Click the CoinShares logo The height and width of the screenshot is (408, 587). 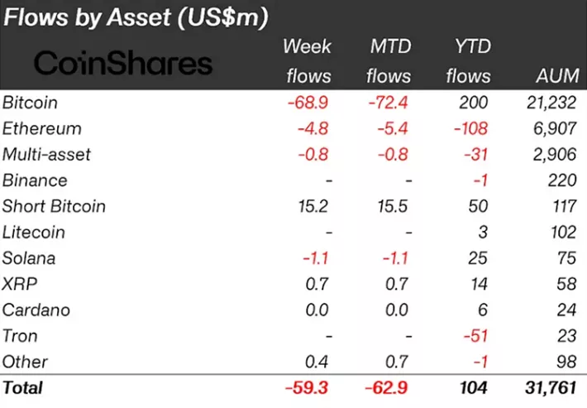(122, 63)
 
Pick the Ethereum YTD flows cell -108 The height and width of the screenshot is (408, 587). (468, 129)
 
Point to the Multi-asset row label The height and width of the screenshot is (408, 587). (46, 155)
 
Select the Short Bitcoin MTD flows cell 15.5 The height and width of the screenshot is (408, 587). (389, 206)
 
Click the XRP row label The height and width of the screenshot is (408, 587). (21, 284)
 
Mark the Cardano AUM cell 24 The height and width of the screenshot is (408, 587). (566, 310)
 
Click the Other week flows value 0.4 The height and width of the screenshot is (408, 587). (317, 362)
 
